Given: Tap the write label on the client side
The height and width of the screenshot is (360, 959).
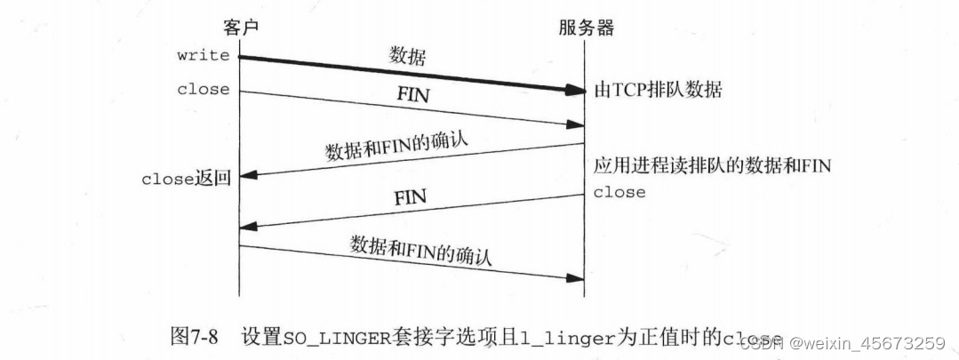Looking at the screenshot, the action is (x=203, y=56).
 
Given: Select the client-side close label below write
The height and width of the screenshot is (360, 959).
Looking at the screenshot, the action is (x=203, y=89).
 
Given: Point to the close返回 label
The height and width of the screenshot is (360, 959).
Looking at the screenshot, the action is (x=187, y=178).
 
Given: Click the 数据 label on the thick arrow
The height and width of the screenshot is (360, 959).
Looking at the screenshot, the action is (x=408, y=56).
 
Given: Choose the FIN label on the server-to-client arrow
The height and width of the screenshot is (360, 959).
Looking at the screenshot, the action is (x=410, y=196).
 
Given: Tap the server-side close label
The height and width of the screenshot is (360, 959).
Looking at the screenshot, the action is (x=619, y=192).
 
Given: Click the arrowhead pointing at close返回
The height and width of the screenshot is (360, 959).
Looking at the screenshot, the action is (x=248, y=177).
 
